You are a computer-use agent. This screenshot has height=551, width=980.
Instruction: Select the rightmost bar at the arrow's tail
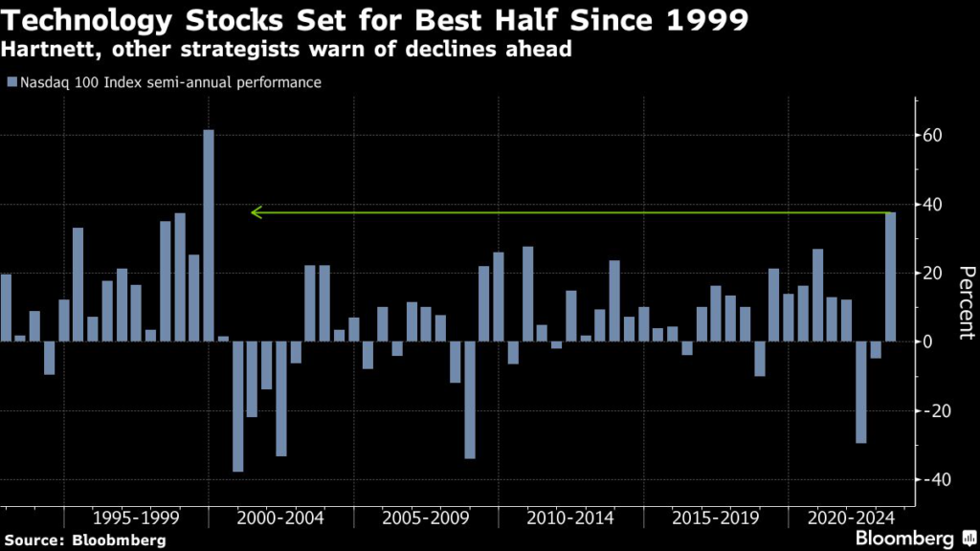point(891,276)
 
